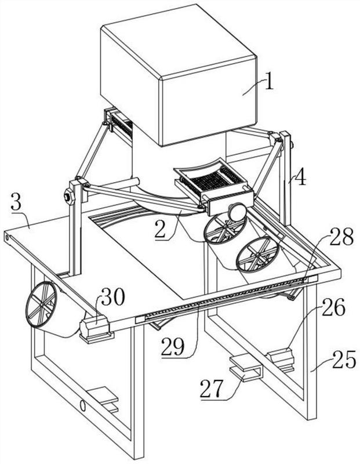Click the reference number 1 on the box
pos(268,82)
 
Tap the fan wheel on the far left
pos(42,308)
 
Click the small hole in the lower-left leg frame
pos(83,405)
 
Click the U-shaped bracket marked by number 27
pos(245,370)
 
